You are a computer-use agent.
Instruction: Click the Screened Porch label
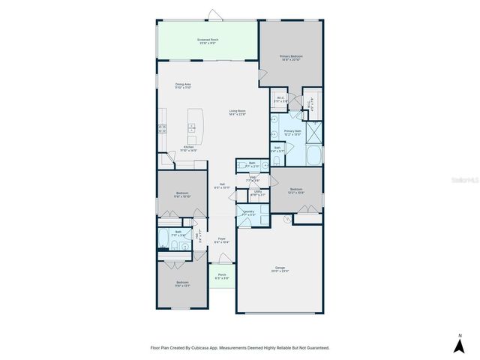(x=208, y=40)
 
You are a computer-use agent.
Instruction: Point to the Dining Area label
(x=184, y=85)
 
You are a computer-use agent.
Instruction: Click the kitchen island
(x=193, y=127)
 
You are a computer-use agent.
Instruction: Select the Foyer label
(x=222, y=240)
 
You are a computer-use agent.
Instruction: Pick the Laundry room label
(x=248, y=213)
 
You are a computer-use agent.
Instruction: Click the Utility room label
(x=257, y=193)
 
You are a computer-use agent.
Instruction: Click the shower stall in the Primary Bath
(x=313, y=131)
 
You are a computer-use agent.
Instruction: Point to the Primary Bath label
(x=292, y=132)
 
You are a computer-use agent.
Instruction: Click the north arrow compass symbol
(x=459, y=344)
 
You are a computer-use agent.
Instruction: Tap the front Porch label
(x=222, y=275)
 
